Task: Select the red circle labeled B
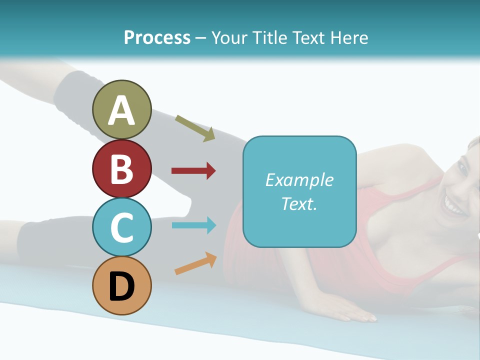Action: (121, 168)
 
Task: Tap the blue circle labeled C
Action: (121, 227)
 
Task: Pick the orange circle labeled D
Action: (121, 285)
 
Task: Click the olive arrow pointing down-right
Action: (195, 128)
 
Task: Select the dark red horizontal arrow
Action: (193, 171)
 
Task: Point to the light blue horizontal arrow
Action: (193, 225)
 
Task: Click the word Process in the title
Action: (157, 37)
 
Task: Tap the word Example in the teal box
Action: (299, 180)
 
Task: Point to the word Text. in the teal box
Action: (299, 204)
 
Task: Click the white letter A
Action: (121, 111)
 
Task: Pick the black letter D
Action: (121, 286)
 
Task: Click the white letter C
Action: (121, 228)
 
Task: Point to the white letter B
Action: (121, 169)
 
